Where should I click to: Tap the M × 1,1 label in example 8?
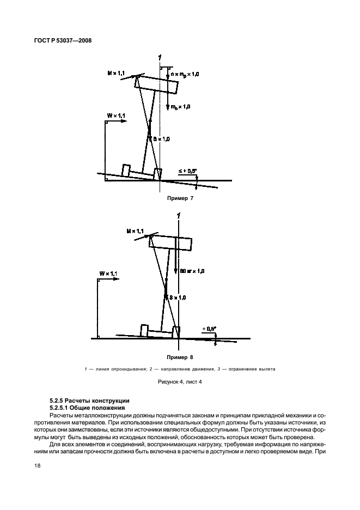point(134,232)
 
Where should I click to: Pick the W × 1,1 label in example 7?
point(116,116)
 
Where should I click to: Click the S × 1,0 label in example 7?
point(162,139)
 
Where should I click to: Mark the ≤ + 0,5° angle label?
point(188,172)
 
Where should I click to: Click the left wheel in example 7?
point(126,171)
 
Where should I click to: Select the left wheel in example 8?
point(144,330)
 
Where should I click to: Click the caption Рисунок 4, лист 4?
point(180,383)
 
